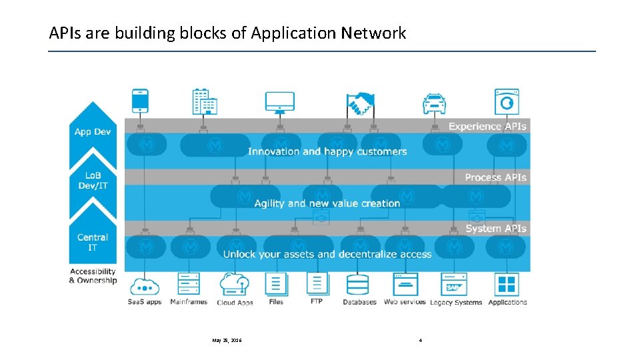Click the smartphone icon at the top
pos(141,101)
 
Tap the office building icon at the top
pos(205,101)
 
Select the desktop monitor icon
pos(279,101)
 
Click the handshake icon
pos(361,103)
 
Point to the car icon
pos(434,103)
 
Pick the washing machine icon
pos(507,101)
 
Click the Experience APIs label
pos(487,126)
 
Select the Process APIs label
pos(495,177)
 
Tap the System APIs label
pos(495,229)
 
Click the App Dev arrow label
pos(93,131)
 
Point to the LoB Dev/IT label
pos(93,181)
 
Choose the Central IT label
pos(93,242)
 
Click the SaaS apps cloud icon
pos(145,285)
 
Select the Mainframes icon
pos(188,284)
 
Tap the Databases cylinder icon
pos(359,285)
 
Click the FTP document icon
pos(317,284)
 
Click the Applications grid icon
pos(507,284)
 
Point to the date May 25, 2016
pos(227,341)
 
